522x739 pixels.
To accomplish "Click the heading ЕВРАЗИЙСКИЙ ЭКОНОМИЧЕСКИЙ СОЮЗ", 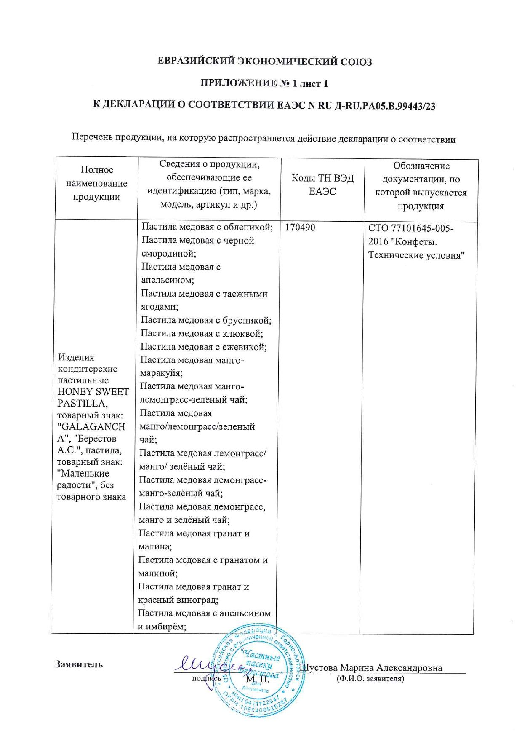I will pos(264,62).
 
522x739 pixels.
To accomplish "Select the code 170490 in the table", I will pos(300,228).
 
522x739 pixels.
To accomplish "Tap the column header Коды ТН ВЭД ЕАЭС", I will pos(322,185).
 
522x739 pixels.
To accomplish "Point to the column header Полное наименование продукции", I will pos(97,183).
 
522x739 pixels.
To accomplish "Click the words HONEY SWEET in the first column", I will pos(93,392).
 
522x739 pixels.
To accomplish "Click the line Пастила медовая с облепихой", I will pos(207,228).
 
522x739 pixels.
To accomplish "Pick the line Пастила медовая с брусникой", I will pos(206,321).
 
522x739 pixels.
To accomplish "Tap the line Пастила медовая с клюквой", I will pos(202,334).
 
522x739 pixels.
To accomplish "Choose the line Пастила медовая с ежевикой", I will pos(203,347).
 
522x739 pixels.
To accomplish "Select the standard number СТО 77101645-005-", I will pos(411,228).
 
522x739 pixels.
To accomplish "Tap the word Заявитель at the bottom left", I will pos(79,664).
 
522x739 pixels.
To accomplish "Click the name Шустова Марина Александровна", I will pos(370,668).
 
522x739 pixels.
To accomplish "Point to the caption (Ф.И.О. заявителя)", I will pos(370,679).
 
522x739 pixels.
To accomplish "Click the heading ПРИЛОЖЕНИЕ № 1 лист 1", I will pos(264,83).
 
